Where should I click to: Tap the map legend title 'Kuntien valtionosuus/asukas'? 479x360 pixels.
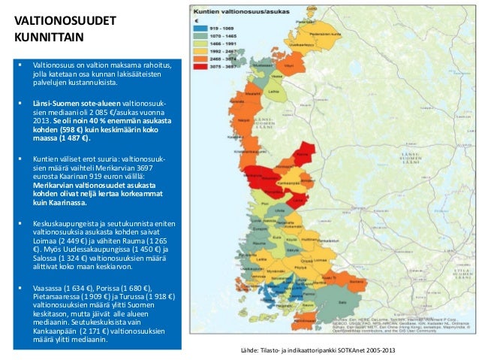234,13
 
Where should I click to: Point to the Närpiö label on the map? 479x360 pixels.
245,119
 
